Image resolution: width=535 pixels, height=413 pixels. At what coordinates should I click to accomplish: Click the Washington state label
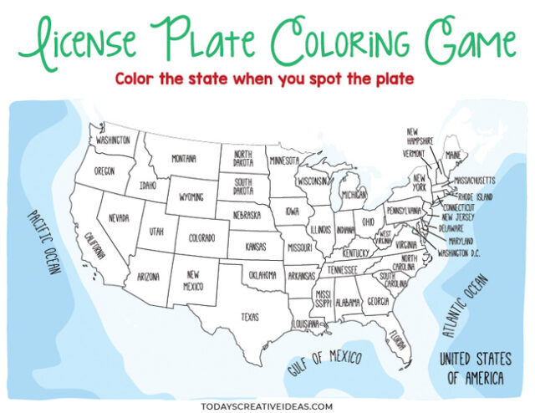[113, 140]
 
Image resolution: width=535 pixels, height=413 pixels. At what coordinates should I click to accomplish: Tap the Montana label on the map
[184, 159]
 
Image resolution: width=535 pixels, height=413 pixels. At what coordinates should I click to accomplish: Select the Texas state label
[250, 317]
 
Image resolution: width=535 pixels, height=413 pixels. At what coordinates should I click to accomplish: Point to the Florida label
[398, 341]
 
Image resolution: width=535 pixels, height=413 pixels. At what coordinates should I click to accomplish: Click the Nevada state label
[119, 217]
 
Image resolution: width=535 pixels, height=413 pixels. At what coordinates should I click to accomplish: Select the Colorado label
[201, 237]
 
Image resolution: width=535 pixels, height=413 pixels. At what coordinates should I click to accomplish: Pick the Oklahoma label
[262, 274]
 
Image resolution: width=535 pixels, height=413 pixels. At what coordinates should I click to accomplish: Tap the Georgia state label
[377, 301]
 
